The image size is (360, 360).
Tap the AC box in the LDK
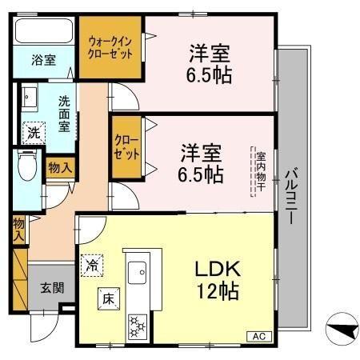point(259,337)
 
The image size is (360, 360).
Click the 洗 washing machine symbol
point(34,133)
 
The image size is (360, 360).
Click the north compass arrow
point(339,330)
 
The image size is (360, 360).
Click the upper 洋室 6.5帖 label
point(210,65)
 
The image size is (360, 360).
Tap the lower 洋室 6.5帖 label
point(200,161)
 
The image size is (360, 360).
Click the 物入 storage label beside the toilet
point(59,168)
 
